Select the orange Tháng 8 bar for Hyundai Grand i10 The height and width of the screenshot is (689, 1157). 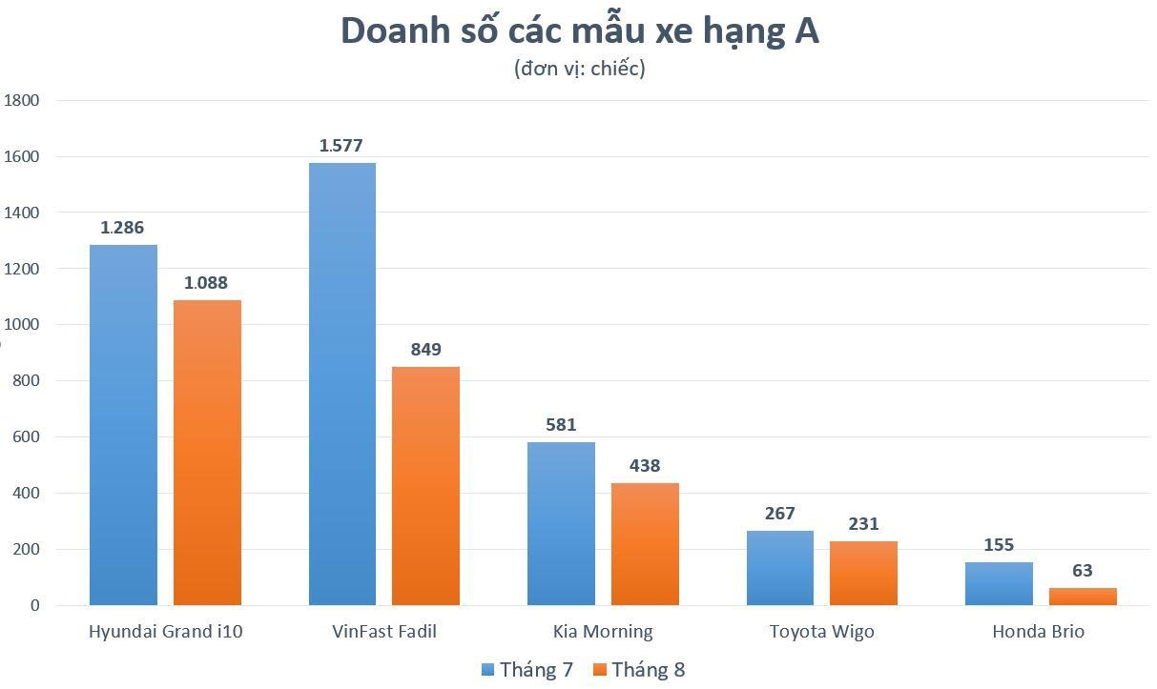207,453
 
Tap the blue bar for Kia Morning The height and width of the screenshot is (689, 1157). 561,523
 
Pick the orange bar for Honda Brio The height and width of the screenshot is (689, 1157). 1083,597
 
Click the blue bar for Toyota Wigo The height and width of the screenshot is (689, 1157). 779,568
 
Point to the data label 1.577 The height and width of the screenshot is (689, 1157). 341,146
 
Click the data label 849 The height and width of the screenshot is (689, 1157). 425,350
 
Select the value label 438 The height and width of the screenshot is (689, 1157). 645,466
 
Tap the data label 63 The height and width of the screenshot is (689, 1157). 1083,571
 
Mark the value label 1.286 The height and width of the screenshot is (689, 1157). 123,228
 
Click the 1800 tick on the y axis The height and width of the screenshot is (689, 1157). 21,100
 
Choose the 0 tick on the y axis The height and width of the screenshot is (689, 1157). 34,605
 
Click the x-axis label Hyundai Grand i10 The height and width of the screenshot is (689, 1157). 165,631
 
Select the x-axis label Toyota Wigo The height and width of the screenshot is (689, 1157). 821,631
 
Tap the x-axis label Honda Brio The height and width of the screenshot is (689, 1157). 1038,631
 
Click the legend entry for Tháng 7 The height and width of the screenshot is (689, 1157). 527,670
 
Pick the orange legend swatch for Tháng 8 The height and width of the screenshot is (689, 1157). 600,670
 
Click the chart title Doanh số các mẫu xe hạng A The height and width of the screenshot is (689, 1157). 579,30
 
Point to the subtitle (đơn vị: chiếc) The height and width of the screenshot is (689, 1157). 579,69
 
